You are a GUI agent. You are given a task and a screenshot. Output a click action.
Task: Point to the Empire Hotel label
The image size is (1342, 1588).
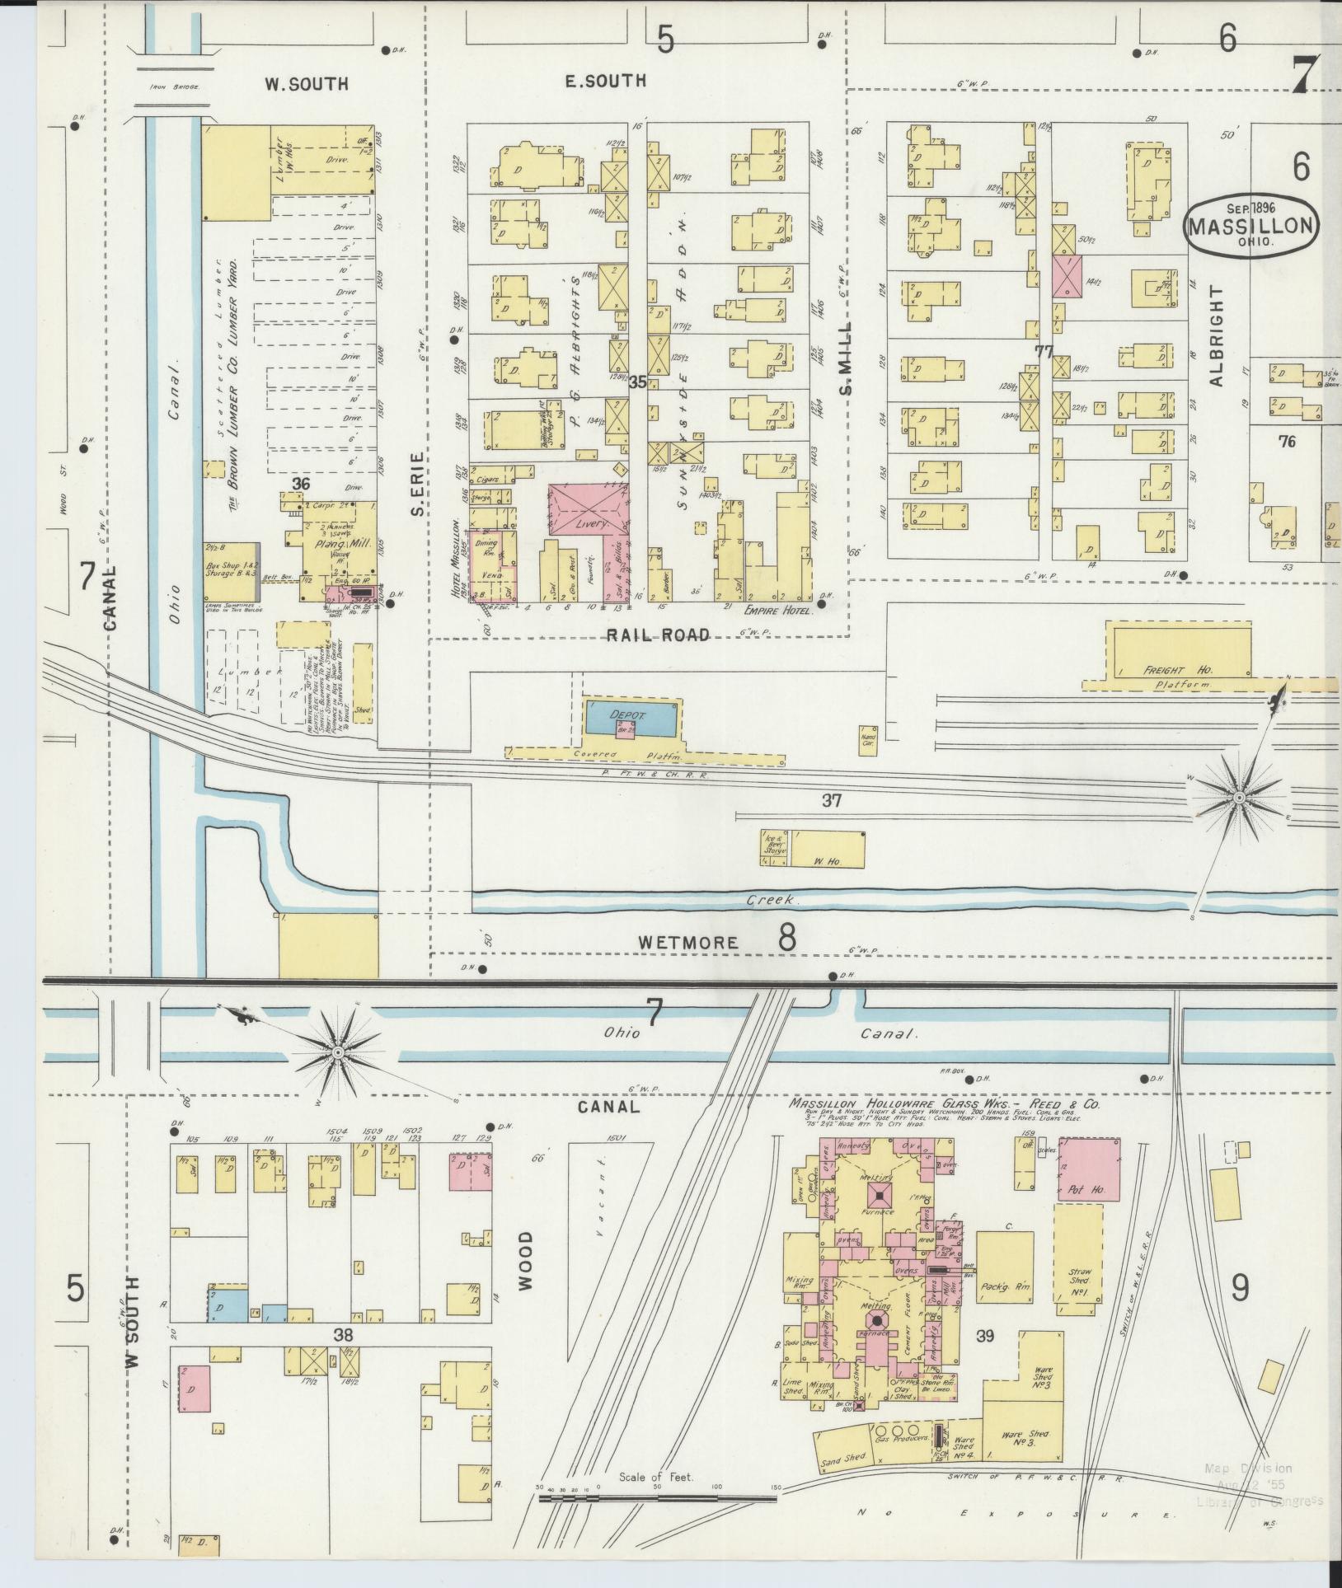point(777,611)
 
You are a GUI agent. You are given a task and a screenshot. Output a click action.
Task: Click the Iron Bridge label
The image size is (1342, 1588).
point(174,86)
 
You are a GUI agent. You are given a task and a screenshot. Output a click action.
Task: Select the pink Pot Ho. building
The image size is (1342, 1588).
point(1089,1169)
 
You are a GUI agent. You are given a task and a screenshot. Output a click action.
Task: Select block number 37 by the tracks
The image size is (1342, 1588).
point(831,799)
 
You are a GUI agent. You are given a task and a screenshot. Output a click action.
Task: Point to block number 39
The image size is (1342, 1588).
point(985,1337)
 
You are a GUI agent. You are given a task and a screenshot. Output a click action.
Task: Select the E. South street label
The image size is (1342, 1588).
point(606,81)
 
